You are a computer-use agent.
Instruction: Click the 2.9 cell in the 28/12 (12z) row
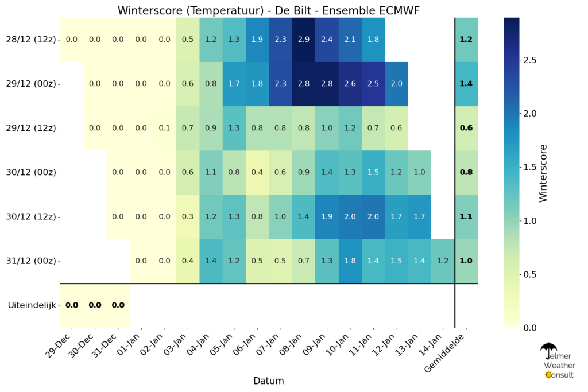(303, 40)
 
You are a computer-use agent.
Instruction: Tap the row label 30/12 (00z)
(31, 172)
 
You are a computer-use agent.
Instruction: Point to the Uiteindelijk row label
(32, 305)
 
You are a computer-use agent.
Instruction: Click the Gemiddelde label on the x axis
(445, 352)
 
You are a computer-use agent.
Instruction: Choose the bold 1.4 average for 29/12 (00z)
(466, 84)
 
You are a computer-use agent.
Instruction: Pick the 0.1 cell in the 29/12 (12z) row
(164, 128)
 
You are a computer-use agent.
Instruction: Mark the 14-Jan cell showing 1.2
(443, 261)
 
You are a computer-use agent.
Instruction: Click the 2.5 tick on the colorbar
(530, 60)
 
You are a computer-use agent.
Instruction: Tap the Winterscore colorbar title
(543, 173)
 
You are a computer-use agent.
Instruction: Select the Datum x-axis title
(269, 381)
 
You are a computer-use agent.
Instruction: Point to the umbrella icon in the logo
(548, 350)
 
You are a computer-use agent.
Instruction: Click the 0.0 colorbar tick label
(530, 328)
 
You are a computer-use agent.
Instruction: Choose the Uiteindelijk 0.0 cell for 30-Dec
(95, 305)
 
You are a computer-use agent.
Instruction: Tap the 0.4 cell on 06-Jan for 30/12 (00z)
(257, 172)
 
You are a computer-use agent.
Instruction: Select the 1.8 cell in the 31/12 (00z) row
(350, 261)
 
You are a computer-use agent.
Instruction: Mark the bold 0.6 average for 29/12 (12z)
(466, 128)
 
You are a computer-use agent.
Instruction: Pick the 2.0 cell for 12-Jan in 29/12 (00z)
(396, 84)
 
